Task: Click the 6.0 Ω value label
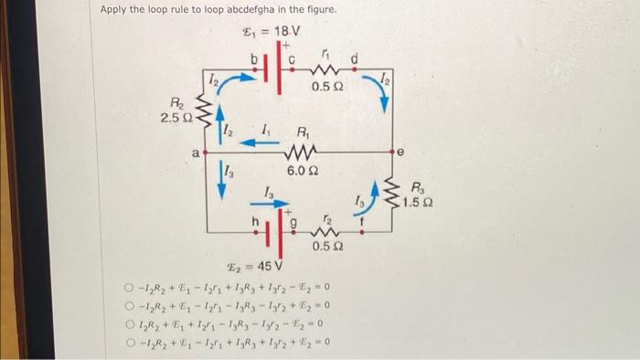pyautogui.click(x=303, y=171)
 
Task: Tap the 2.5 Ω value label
pyautogui.click(x=176, y=118)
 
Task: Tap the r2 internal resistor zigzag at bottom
pyautogui.click(x=328, y=230)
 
